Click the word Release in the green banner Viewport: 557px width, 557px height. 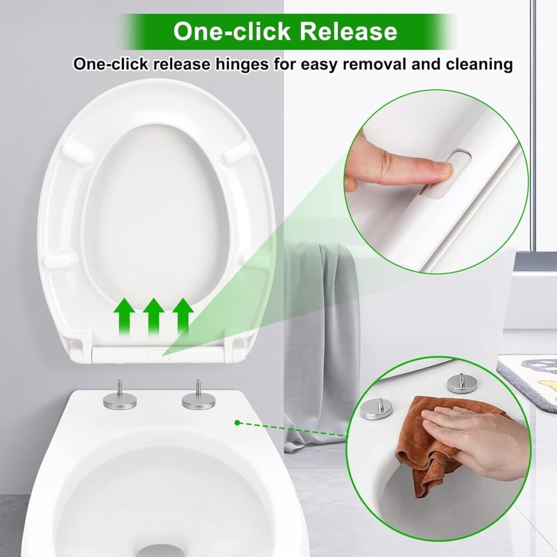click(348, 31)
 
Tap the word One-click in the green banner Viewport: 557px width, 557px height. click(232, 31)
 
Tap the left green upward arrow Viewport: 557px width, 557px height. click(124, 317)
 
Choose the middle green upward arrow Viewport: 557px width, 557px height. click(153, 317)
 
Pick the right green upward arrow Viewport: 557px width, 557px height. click(183, 317)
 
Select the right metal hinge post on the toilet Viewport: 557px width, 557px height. click(197, 394)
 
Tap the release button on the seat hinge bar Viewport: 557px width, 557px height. click(158, 354)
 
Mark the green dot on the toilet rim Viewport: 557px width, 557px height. click(237, 423)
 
